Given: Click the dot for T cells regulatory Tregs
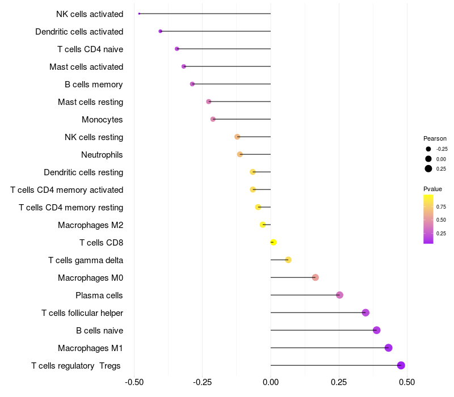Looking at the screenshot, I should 401,365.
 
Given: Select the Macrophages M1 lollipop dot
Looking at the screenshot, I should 388,348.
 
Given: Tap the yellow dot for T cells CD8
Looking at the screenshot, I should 274,242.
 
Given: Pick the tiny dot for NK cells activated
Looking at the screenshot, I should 139,14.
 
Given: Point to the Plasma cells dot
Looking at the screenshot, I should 339,295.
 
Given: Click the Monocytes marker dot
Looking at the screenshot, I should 213,119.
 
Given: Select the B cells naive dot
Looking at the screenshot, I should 376,330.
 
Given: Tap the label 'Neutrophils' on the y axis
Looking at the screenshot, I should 102,155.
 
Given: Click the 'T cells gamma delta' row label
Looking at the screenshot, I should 86,260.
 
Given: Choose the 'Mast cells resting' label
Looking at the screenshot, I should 90,102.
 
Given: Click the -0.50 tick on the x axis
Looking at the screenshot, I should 134,383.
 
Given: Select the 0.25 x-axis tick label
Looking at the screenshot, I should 339,383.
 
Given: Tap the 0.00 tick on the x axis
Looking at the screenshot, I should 271,383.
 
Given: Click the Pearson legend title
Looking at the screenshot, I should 435,138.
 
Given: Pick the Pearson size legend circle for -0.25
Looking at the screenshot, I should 428,149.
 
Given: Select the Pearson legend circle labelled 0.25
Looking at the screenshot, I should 428,168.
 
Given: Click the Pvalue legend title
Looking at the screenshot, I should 432,189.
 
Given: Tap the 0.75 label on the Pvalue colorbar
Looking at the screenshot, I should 441,206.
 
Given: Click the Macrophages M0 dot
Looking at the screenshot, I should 316,277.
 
